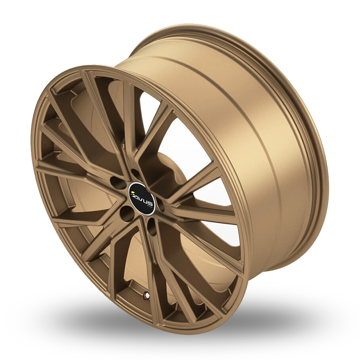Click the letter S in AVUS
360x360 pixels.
coord(150,204)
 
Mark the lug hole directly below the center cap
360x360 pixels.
coord(152,228)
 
